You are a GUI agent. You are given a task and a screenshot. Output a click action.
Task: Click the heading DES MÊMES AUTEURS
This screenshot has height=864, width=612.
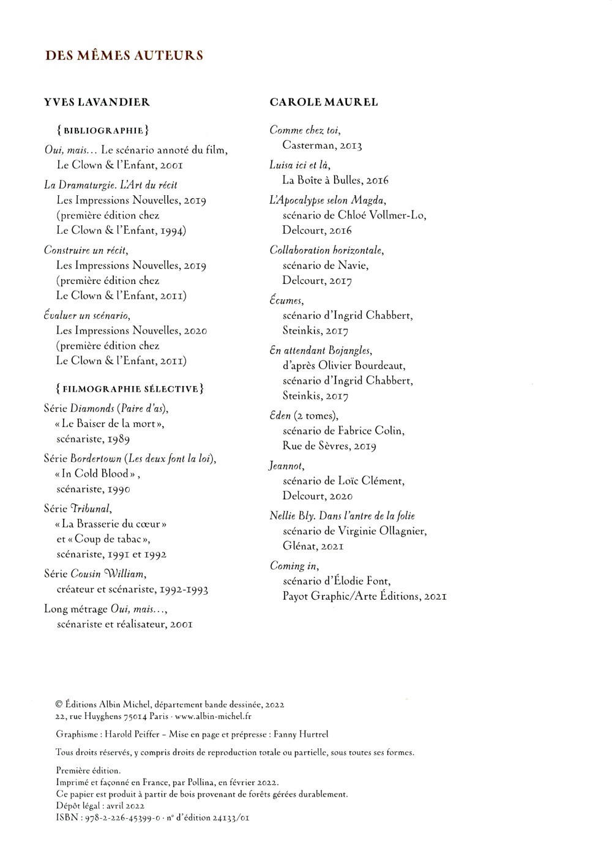pos(124,56)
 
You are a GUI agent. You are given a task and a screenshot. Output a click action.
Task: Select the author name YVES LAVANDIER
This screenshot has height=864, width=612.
pos(97,102)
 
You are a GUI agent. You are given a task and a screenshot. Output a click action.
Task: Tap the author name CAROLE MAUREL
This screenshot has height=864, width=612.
pos(324,102)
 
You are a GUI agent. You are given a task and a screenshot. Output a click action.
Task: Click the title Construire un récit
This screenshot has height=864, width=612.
pos(86,250)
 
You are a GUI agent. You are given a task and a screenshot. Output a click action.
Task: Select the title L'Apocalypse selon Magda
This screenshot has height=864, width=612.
pos(327,200)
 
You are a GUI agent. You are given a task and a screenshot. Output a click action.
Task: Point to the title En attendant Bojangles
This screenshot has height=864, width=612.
pos(321,351)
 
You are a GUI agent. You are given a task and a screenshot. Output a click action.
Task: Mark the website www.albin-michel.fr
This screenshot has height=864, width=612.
pos(211,717)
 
